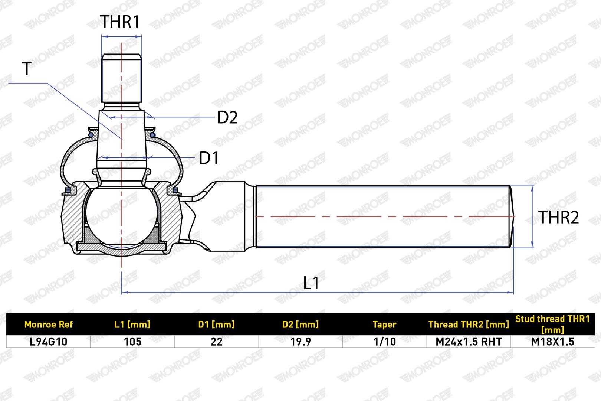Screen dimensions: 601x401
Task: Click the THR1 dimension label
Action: click(x=120, y=22)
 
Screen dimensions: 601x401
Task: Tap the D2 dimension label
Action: click(x=227, y=117)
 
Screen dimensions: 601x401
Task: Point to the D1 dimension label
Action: click(x=209, y=158)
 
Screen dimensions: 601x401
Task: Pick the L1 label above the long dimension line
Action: click(x=311, y=283)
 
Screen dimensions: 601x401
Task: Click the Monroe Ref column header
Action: click(x=49, y=325)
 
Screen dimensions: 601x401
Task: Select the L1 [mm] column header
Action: click(x=132, y=325)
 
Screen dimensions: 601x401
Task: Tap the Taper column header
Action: click(x=384, y=325)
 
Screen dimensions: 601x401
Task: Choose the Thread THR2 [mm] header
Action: click(x=469, y=325)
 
